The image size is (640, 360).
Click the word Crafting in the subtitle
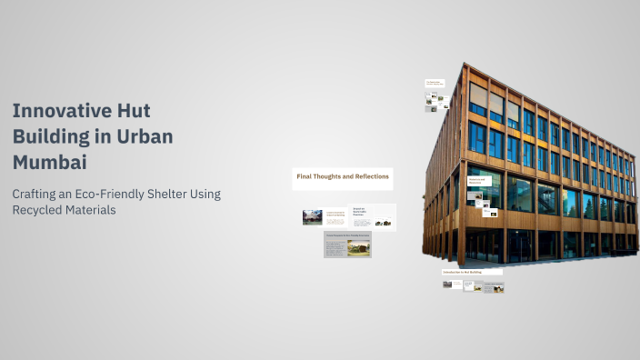37,194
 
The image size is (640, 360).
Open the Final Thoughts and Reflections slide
342,177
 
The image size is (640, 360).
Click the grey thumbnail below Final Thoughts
347,245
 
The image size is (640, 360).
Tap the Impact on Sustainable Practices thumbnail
373,217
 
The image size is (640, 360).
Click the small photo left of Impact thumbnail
313,217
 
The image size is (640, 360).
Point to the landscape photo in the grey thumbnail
358,246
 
